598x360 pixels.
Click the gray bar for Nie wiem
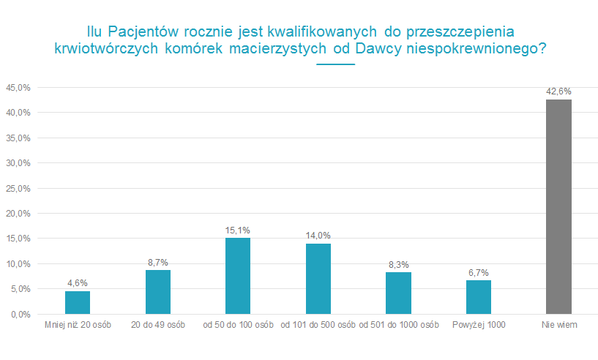coord(558,206)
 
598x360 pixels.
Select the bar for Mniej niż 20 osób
coord(78,302)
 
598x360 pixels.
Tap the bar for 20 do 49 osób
coord(157,292)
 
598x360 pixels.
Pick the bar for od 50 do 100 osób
coord(238,276)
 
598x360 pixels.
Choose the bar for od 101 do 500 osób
coord(318,279)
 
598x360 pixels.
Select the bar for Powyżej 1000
coord(479,297)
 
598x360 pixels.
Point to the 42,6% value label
coord(558,91)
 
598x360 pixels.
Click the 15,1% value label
coord(238,230)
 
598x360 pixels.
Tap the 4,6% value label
coord(78,283)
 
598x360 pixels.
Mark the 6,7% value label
coord(479,272)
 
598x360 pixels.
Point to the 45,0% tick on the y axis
coord(18,88)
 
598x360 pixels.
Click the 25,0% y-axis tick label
coord(18,188)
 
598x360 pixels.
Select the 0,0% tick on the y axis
coord(20,314)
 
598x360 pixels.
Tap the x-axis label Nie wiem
coord(558,325)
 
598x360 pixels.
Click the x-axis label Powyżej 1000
coord(479,325)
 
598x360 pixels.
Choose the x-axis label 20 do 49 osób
coord(157,325)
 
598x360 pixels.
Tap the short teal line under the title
coord(336,64)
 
